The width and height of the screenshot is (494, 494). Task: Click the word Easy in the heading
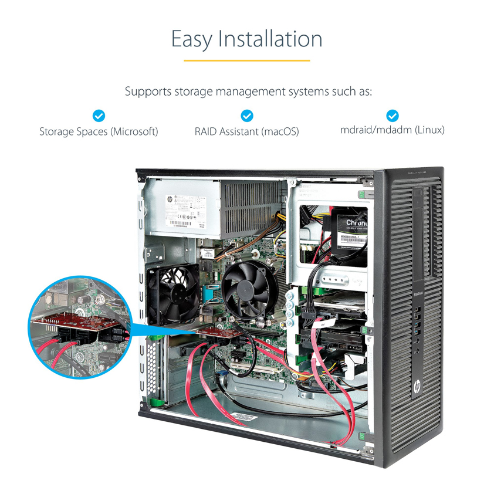coord(192,39)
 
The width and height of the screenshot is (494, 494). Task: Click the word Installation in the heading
coord(270,39)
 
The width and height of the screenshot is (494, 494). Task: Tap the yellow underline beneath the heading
coord(246,60)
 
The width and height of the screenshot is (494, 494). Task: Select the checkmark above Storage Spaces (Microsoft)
coord(99,116)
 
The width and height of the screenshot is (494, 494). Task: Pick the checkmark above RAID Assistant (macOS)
coord(247,116)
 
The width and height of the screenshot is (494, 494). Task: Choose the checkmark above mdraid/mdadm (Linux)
coord(393,116)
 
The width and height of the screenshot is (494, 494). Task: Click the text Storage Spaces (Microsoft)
coord(99,131)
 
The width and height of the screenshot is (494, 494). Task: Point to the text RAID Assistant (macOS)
coord(246,131)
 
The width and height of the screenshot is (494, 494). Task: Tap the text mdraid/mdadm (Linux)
coord(393,130)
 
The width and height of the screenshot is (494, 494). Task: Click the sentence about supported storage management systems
coord(249,92)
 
